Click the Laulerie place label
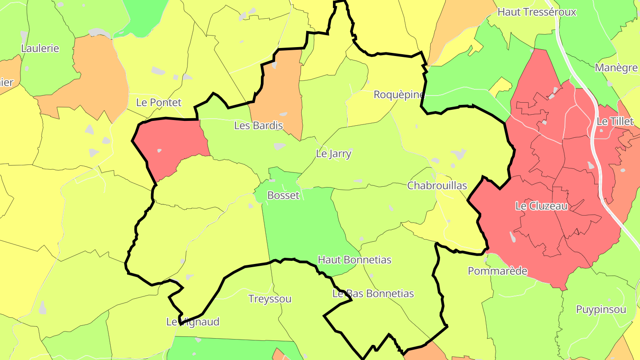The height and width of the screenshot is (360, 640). pos(40,48)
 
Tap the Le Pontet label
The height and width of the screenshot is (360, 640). pos(159,103)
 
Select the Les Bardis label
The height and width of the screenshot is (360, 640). pos(258,126)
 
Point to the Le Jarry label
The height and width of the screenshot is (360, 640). pos(333,154)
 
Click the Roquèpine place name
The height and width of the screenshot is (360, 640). pos(399,95)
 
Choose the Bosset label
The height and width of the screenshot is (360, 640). pos(283,195)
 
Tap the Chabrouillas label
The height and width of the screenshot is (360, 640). pos(437,185)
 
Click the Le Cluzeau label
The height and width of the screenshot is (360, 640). pos(541,206)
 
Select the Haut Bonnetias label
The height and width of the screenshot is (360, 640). pos(354,260)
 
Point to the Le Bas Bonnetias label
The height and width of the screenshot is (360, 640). pos(373,294)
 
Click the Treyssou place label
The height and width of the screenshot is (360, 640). pos(270,299)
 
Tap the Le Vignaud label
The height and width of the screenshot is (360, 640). pos(193,322)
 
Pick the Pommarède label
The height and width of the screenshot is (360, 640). pos(497,271)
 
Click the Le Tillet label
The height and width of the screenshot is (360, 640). pos(615,121)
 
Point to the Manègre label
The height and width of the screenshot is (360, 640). pos(616,68)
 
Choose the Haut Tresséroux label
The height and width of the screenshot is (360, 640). pos(536,12)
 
